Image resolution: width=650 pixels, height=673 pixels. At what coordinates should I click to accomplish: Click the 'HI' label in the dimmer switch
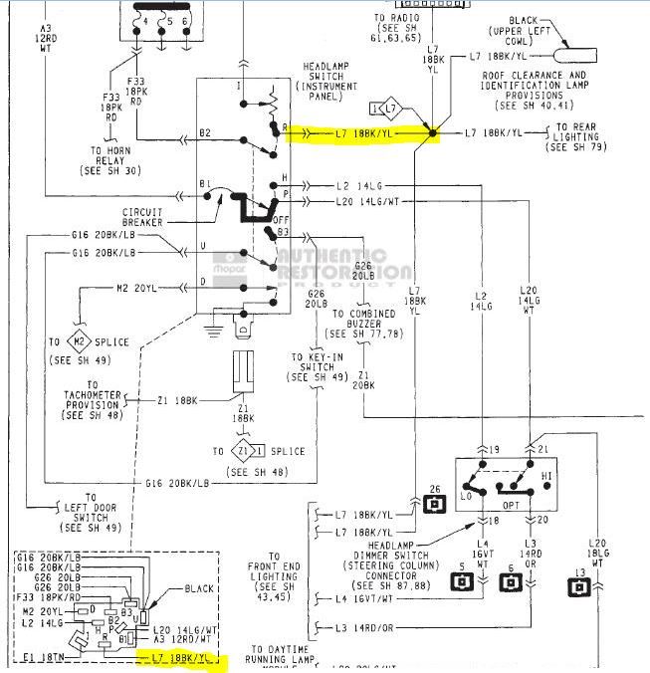point(545,476)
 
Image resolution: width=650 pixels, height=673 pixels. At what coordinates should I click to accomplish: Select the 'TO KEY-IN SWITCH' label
point(311,367)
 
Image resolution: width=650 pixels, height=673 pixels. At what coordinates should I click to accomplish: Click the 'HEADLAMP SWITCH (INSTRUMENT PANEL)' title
point(329,79)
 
